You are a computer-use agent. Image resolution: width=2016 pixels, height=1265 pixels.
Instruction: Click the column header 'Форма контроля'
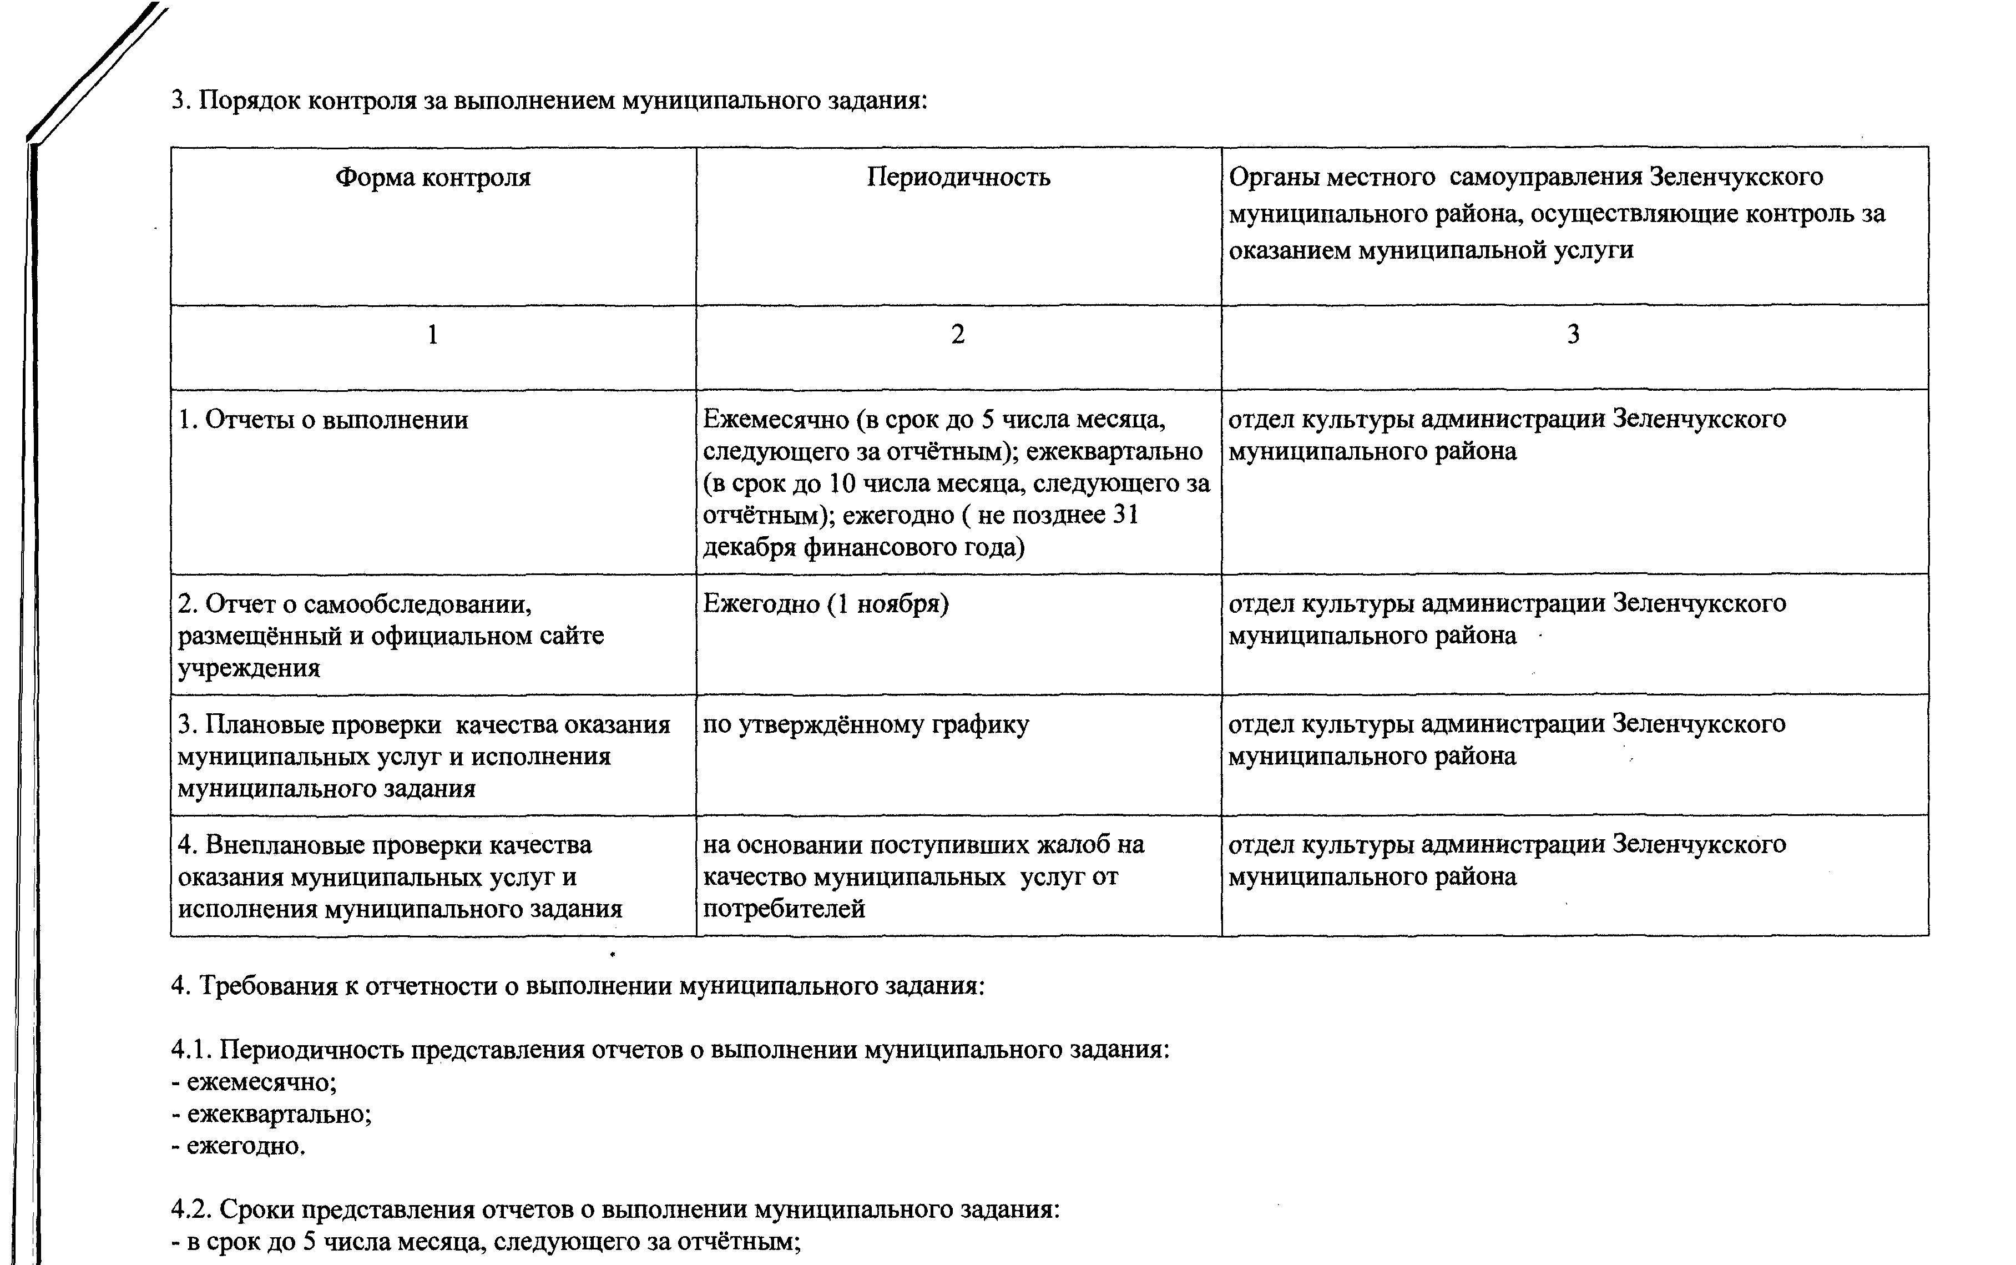[x=433, y=178]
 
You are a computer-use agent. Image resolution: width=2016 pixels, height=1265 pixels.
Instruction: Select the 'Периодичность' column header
[x=958, y=178]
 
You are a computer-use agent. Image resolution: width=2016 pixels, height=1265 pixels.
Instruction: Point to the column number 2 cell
[x=958, y=335]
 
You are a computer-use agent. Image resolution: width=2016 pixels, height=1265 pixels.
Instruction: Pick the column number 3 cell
[x=1573, y=335]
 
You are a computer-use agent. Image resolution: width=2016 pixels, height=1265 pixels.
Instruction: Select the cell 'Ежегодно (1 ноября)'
[x=826, y=603]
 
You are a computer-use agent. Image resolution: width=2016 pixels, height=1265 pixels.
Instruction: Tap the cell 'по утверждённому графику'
[x=866, y=724]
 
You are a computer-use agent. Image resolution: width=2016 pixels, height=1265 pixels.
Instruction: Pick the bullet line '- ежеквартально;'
[x=272, y=1113]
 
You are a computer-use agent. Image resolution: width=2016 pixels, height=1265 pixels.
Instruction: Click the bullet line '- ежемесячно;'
[x=254, y=1082]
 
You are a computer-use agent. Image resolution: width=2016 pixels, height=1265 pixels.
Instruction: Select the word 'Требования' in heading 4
[x=267, y=986]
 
